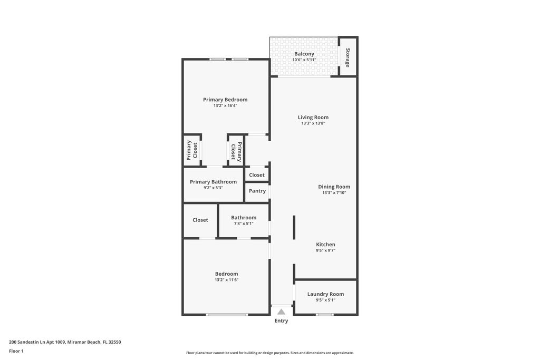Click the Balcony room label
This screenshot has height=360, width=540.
tap(304, 54)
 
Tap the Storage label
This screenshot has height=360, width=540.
tap(348, 57)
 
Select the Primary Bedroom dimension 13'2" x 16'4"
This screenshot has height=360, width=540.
tap(225, 105)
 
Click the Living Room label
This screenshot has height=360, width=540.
tap(313, 118)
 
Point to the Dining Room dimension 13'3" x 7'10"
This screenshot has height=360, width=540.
tap(334, 193)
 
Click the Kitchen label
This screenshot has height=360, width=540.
tap(325, 245)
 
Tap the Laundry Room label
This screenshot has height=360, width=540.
tap(325, 294)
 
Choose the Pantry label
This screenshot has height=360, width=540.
tap(257, 191)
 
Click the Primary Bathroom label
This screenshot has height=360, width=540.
tap(213, 182)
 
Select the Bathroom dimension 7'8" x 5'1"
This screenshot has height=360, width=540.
tap(244, 223)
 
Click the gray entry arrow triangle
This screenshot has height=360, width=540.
tap(282, 312)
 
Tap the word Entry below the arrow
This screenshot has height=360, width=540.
tap(281, 321)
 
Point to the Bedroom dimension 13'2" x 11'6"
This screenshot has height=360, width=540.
tap(226, 280)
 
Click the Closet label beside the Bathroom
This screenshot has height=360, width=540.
tap(200, 220)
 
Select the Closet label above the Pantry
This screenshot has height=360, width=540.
tap(257, 175)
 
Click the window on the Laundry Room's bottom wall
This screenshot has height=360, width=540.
tap(325, 315)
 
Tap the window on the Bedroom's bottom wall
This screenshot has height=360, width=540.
tap(227, 315)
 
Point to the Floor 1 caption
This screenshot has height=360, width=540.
tap(16, 351)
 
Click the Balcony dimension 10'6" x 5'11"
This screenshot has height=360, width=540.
tap(304, 60)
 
